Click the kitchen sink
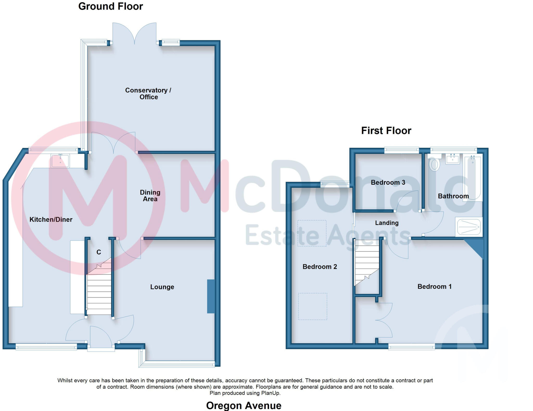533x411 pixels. [x=60, y=161]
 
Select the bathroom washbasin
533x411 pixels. [x=452, y=159]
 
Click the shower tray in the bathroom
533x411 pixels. [x=469, y=227]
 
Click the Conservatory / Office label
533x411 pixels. [x=148, y=93]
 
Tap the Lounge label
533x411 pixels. [x=162, y=287]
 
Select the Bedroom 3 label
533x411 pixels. [x=388, y=182]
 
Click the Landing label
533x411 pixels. [x=386, y=223]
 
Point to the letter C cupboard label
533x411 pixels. [x=99, y=252]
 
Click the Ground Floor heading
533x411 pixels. [x=111, y=6]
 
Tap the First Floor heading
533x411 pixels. [x=386, y=131]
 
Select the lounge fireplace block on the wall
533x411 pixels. [x=211, y=296]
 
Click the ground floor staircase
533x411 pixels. [x=99, y=291]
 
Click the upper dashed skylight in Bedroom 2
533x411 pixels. [x=312, y=233]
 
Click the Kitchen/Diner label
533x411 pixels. [x=51, y=220]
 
